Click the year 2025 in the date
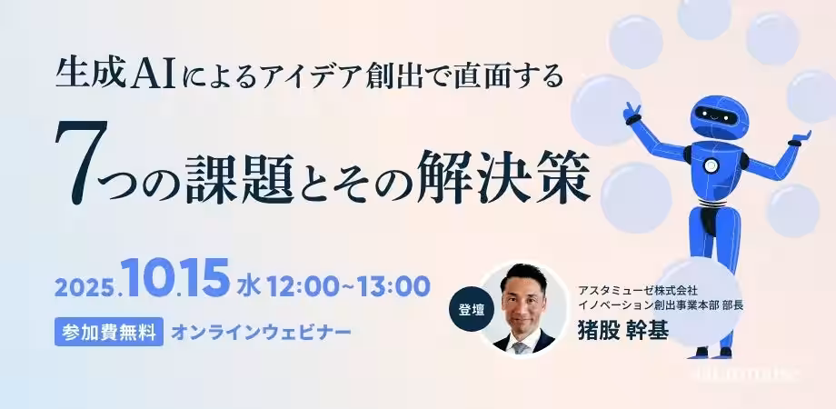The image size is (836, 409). [x=84, y=287]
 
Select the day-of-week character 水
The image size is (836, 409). [x=248, y=286]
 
